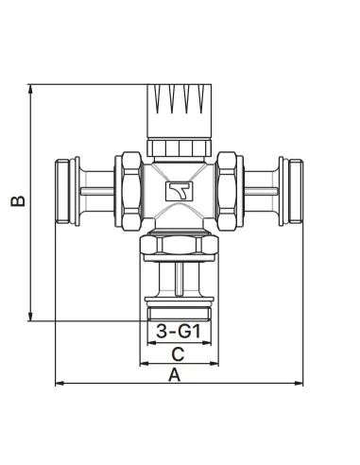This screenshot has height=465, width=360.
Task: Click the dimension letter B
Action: tap(18, 201)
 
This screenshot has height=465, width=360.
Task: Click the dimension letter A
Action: tap(175, 375)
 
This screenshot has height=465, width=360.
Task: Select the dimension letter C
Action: tap(178, 354)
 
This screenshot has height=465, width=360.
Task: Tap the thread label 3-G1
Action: tap(179, 332)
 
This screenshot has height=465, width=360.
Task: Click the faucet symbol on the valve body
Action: tap(180, 191)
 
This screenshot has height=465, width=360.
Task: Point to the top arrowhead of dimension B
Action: tap(30, 89)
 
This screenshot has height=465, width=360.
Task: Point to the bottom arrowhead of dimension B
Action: tap(30, 317)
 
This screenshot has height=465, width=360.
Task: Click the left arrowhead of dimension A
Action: tap(60, 383)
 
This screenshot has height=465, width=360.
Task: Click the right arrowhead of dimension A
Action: tap(299, 383)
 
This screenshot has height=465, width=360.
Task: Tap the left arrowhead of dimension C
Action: tap(145, 363)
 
